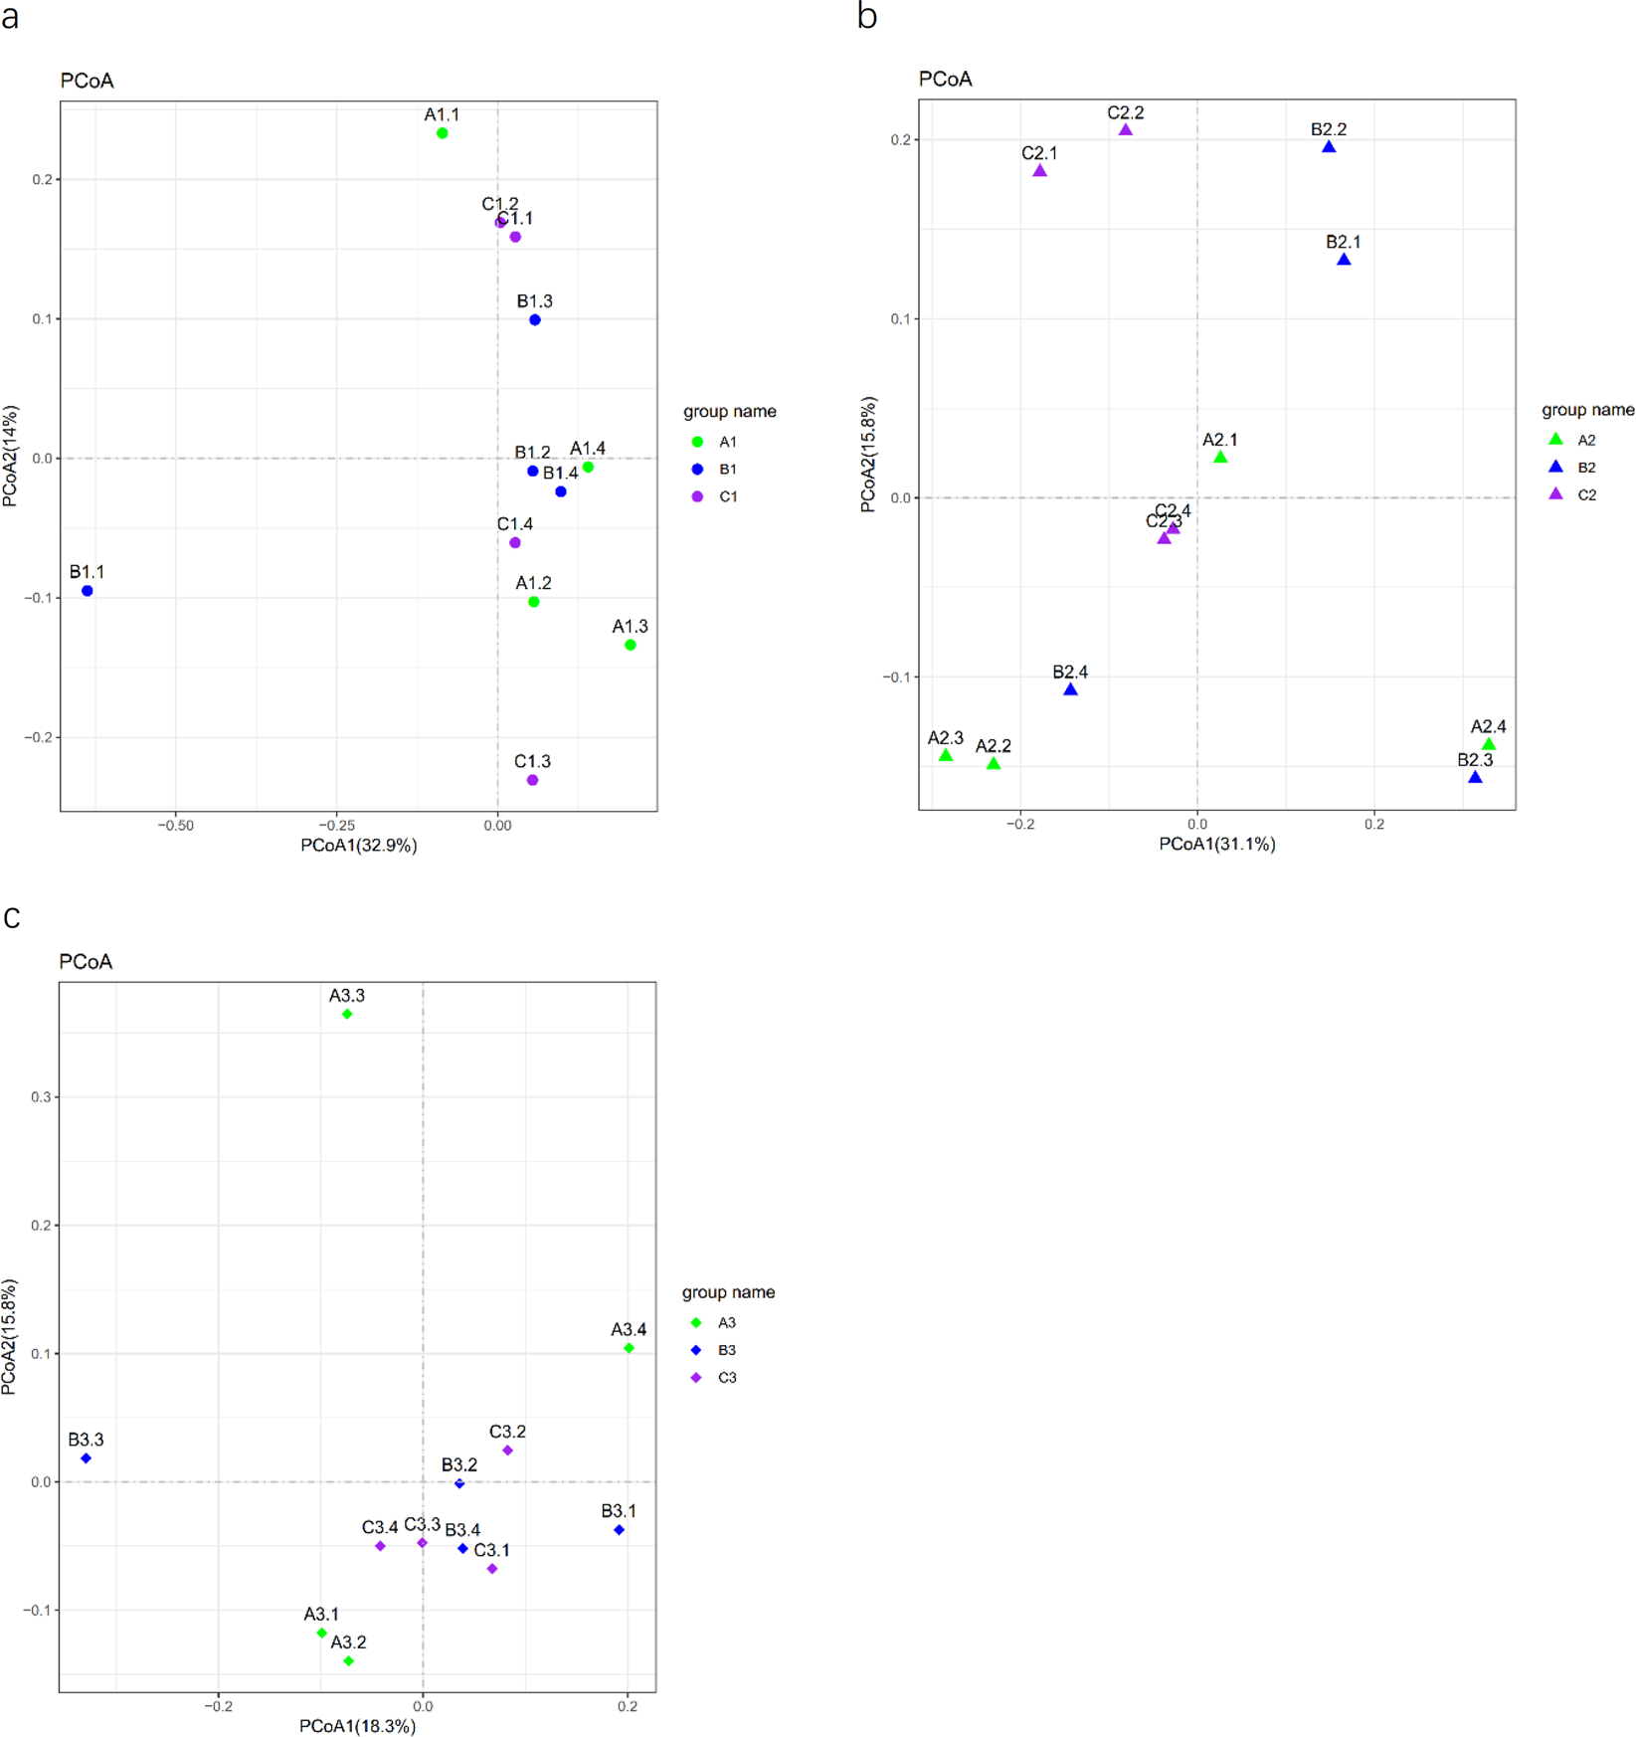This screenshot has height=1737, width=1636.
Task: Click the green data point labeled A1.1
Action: click(443, 133)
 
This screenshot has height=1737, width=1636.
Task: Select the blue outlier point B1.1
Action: click(88, 591)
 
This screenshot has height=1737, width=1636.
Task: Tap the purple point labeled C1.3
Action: click(532, 780)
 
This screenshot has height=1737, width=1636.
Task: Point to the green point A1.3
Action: click(631, 645)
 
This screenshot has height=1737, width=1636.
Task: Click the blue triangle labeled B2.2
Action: click(1329, 147)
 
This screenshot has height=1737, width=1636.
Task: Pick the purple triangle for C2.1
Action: click(1040, 171)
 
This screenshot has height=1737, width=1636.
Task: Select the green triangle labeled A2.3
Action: click(946, 756)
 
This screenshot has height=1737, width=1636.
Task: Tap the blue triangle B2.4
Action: click(1070, 689)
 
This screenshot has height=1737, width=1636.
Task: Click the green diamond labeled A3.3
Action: click(347, 1014)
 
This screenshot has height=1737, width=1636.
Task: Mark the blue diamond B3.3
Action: click(87, 1458)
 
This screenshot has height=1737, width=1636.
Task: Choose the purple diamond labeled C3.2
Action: click(507, 1450)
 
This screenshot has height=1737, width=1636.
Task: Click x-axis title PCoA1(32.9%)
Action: click(359, 846)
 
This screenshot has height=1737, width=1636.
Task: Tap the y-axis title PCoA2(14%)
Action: click(11, 456)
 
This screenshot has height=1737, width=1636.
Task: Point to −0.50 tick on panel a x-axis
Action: click(176, 825)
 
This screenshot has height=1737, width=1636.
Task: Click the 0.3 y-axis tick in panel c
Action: click(41, 1097)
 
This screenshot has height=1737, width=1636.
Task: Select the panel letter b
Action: click(867, 17)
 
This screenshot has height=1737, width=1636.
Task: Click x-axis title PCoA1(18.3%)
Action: click(357, 1726)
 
